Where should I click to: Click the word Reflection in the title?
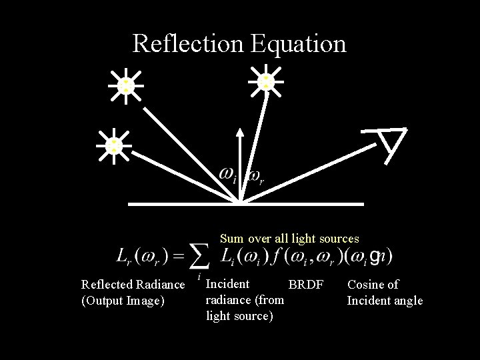click(x=189, y=43)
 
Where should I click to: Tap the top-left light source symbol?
click(x=125, y=85)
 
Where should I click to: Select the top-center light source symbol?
click(x=266, y=81)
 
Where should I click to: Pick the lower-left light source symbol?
click(x=114, y=145)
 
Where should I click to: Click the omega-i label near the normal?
click(x=229, y=175)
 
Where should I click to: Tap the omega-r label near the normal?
click(x=256, y=176)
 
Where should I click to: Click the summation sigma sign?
click(x=198, y=256)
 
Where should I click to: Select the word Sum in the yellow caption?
click(x=232, y=239)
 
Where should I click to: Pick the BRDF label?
click(x=305, y=285)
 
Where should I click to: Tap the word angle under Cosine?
click(x=407, y=301)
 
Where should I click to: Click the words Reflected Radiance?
click(x=133, y=285)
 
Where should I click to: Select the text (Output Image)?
click(x=122, y=301)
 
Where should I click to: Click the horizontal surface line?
click(x=301, y=203)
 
